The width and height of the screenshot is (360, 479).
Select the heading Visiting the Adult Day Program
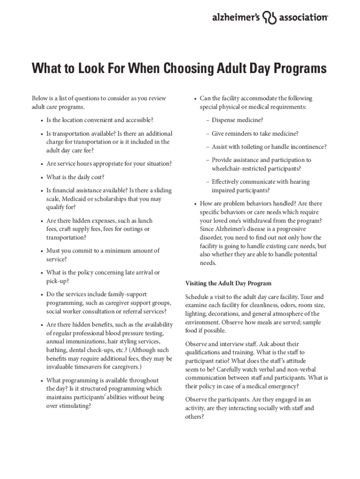[228, 283]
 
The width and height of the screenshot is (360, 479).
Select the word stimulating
[73, 406]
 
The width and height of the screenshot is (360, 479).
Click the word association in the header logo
[303, 17]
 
